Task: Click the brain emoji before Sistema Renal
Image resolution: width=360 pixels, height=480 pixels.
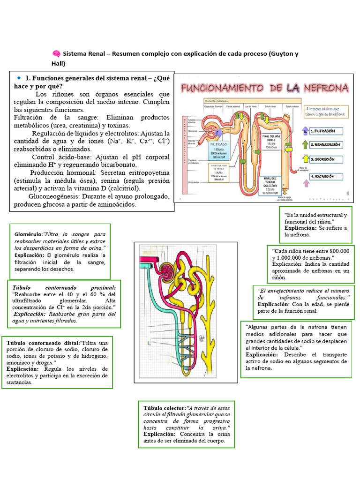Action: (x=56, y=54)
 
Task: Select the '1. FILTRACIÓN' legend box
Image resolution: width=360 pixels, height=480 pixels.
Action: (x=327, y=131)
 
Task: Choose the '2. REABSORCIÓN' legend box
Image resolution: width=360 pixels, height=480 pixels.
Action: (x=326, y=145)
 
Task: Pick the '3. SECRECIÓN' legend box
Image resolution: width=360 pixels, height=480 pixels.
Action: (x=327, y=159)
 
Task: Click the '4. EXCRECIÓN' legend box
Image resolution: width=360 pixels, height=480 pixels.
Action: (x=327, y=176)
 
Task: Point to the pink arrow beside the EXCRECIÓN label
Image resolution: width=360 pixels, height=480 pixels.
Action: (x=307, y=178)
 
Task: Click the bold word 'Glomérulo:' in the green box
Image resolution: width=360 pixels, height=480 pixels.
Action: (x=29, y=233)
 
